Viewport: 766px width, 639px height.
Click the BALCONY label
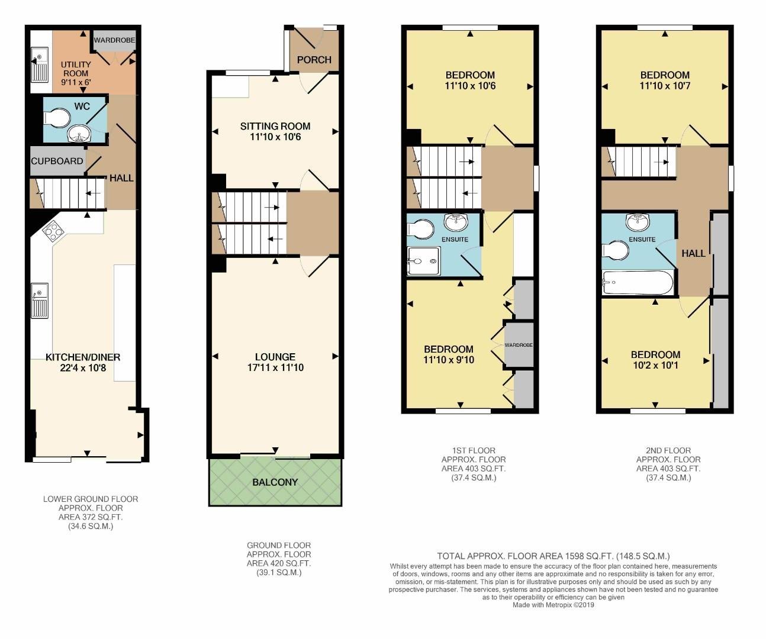tap(275, 482)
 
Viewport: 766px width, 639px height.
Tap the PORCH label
tap(314, 60)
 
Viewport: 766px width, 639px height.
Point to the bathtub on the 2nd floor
tap(638, 283)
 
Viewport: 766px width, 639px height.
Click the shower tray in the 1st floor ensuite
tap(424, 261)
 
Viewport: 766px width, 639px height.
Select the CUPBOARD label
tap(57, 161)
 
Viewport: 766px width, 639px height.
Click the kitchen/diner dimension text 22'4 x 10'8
tap(83, 367)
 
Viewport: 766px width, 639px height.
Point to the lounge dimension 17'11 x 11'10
tap(275, 367)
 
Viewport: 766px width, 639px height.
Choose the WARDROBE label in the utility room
tap(114, 40)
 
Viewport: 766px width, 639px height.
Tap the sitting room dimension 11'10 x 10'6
tap(275, 137)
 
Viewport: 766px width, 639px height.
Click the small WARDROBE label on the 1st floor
tap(519, 345)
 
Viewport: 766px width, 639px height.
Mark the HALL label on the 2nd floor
tap(693, 253)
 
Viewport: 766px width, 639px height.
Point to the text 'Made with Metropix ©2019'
tap(553, 605)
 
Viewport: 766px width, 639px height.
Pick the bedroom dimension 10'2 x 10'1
tap(655, 366)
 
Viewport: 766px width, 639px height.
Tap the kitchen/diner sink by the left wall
tap(40, 301)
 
